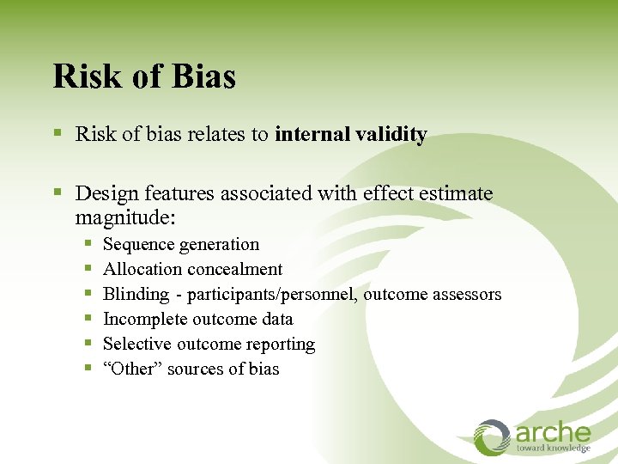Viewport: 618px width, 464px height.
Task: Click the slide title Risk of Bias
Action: click(x=144, y=76)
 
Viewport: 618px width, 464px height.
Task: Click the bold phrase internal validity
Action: click(x=350, y=135)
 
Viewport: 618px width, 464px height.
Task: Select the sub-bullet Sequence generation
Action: click(x=180, y=245)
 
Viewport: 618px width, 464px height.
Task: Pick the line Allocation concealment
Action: click(x=192, y=270)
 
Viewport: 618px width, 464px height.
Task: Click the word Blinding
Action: click(x=136, y=295)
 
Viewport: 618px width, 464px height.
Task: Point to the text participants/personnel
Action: click(x=273, y=295)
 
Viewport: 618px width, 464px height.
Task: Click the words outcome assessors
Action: click(x=433, y=295)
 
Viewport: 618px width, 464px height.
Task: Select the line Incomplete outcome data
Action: click(x=197, y=320)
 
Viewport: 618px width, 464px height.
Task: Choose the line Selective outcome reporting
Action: click(x=209, y=345)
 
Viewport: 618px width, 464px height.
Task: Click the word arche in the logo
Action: click(x=554, y=432)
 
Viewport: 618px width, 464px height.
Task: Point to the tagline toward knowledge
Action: click(x=553, y=449)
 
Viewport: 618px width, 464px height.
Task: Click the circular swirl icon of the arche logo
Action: click(x=493, y=437)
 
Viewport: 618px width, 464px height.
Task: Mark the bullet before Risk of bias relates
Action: click(x=58, y=135)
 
